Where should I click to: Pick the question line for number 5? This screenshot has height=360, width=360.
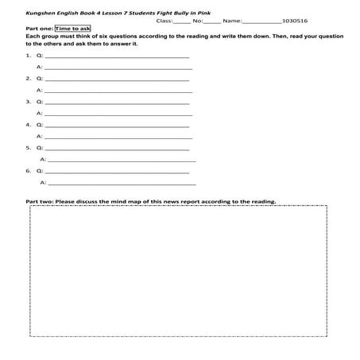pyautogui.click(x=118, y=149)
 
